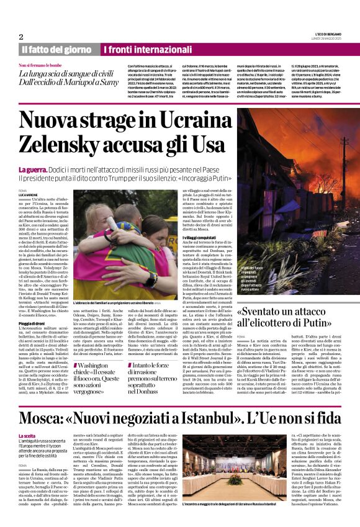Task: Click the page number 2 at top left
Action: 21,37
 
